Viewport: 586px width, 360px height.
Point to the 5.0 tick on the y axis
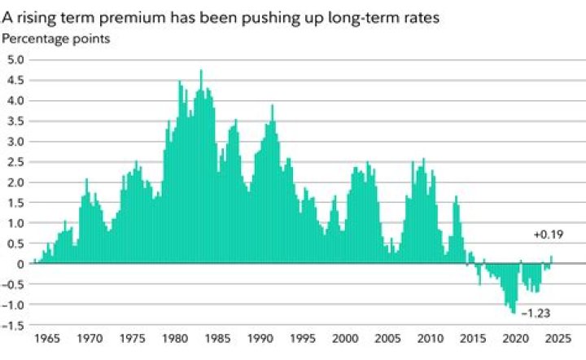coord(16,59)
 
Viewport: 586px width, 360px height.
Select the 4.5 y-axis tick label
coord(16,80)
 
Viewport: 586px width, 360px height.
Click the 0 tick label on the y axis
coord(21,264)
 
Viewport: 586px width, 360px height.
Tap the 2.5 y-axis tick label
coord(16,162)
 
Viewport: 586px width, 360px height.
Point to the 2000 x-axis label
coord(345,337)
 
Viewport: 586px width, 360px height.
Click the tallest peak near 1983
coord(201,72)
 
